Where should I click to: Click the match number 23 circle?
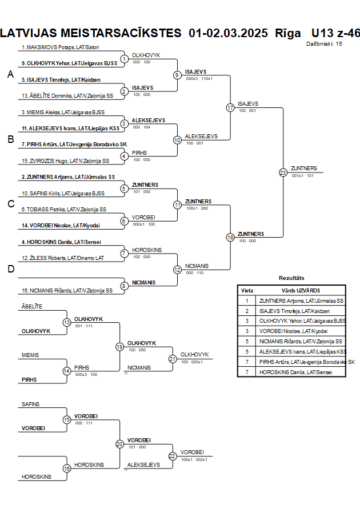coord(283,172)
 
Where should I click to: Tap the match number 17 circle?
coord(230,107)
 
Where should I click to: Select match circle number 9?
coord(177,75)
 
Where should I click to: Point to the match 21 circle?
coord(172,359)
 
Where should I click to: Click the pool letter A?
coord(10,74)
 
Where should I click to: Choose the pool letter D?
coord(10,269)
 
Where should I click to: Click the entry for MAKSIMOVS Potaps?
coord(61,47)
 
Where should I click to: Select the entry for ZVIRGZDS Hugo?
coord(65,161)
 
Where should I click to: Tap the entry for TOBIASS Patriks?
coord(64,210)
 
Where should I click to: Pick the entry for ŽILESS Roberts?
coord(63,258)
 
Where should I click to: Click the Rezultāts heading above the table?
coord(291,278)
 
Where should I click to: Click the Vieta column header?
coord(247,290)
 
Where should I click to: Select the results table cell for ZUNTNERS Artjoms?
coord(301,300)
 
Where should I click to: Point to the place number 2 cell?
coord(247,311)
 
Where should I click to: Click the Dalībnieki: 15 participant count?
coord(324,43)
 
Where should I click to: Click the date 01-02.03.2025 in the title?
coord(228,33)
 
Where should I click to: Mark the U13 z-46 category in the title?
coord(335,33)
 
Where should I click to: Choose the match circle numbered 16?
coord(67,468)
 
